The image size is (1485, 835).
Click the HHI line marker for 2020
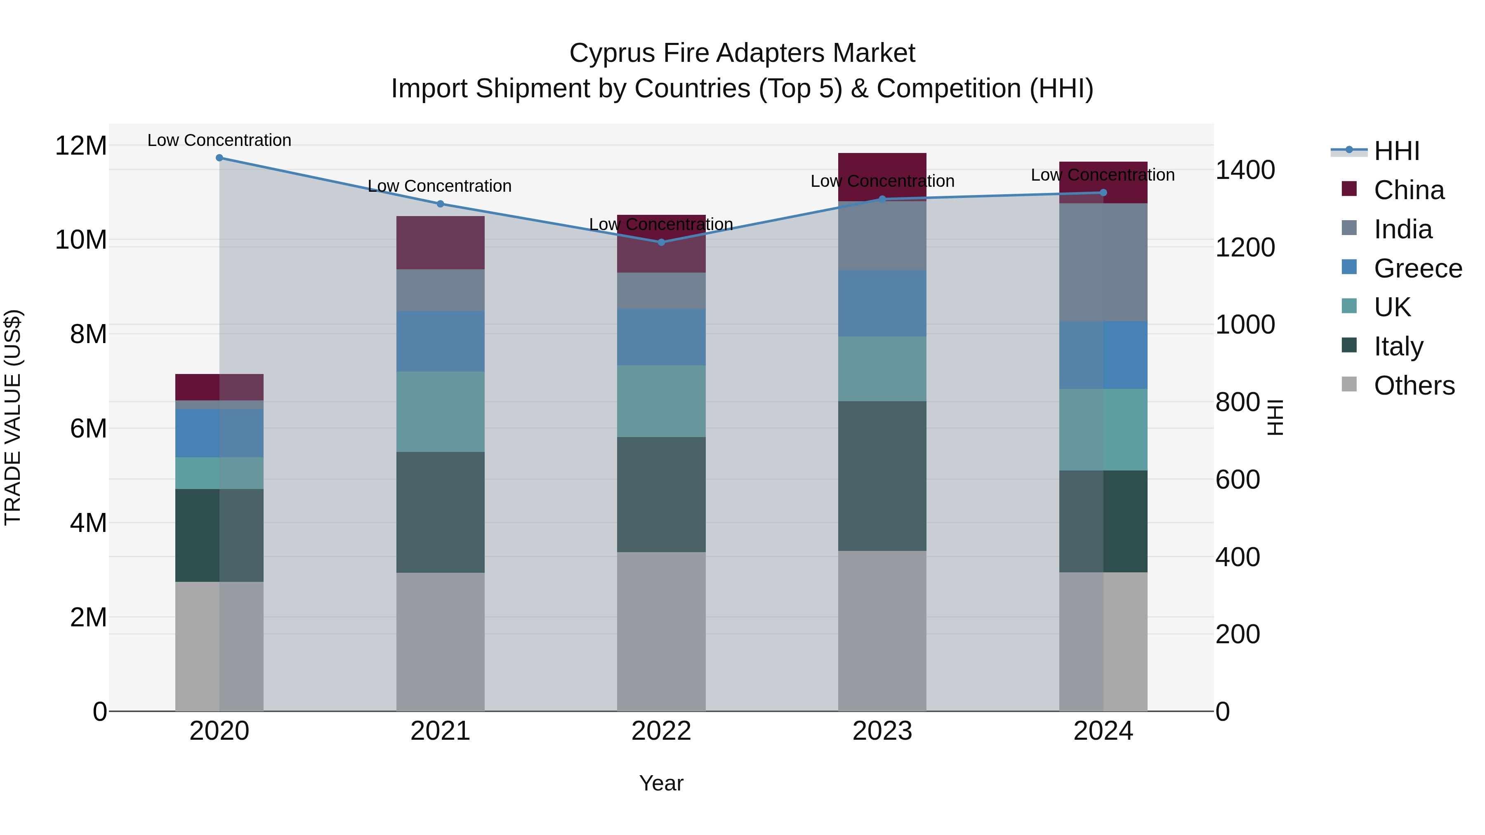(219, 158)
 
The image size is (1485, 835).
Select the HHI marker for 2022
(661, 242)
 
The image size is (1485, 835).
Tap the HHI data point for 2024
(1103, 193)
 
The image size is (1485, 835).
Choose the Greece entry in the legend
(1417, 268)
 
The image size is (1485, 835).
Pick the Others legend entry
(1414, 386)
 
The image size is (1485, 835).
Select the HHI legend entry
(1396, 151)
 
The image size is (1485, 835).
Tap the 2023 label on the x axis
(882, 731)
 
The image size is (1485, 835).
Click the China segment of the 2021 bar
(441, 242)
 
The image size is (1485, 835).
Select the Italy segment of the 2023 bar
(882, 475)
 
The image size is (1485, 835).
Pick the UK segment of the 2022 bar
(661, 401)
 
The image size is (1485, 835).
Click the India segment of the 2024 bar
(1103, 262)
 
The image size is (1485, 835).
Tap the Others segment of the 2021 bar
(441, 641)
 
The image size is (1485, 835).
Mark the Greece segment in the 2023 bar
(882, 303)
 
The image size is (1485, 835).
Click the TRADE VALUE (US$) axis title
(13, 417)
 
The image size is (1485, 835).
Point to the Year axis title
(661, 783)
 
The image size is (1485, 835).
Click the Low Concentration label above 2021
(439, 186)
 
